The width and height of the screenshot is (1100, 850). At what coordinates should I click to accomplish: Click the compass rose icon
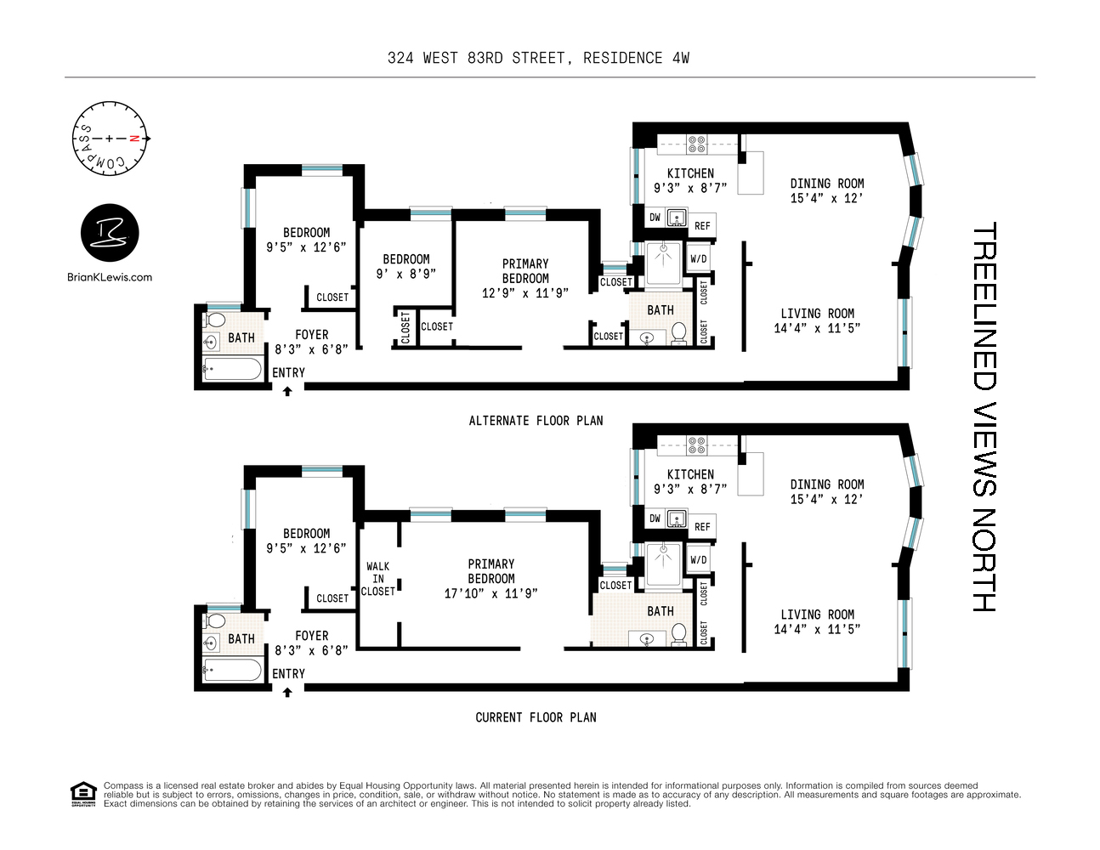tap(110, 138)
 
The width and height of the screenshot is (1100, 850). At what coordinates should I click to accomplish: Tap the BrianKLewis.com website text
tap(110, 276)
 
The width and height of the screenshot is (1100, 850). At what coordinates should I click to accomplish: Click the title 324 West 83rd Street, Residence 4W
tap(538, 58)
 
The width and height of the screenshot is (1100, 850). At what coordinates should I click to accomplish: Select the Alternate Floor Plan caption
tap(536, 420)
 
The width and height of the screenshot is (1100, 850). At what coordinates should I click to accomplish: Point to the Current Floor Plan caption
tap(536, 717)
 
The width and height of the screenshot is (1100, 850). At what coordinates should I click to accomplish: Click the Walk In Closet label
tap(378, 578)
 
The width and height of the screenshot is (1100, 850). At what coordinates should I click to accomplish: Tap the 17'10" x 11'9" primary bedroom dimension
tap(490, 593)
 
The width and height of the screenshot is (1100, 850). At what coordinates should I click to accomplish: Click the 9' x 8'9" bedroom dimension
tap(405, 274)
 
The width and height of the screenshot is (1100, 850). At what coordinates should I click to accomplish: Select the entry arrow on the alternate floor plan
tap(287, 391)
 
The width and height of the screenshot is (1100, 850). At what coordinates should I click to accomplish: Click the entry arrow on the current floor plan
tap(287, 692)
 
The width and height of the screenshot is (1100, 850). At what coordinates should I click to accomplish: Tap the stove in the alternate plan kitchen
tap(697, 144)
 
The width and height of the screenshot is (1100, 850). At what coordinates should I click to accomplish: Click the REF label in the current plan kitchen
tap(702, 527)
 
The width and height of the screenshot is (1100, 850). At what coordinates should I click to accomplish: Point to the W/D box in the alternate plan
tap(699, 259)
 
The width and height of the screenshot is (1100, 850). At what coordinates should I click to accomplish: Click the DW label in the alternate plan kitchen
tap(655, 218)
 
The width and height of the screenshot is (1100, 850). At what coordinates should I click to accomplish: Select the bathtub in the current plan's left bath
tap(232, 671)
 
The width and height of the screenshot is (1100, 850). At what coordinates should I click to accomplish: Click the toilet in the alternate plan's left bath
tap(216, 320)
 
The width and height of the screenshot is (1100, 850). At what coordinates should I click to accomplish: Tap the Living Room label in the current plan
tap(817, 621)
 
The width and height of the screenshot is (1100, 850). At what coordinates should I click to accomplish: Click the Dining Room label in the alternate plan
tap(826, 190)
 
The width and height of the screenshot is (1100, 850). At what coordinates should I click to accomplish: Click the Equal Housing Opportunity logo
tap(82, 794)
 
